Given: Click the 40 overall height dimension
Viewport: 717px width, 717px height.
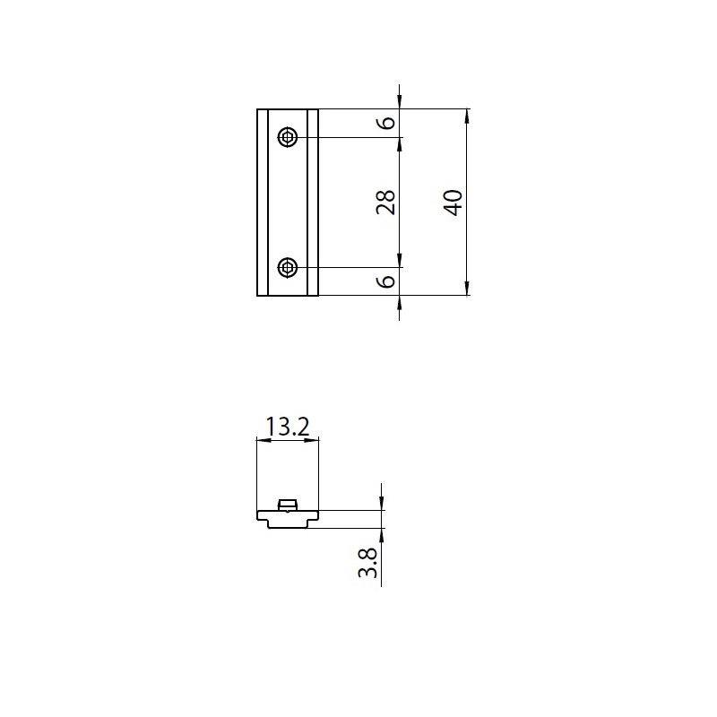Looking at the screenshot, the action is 453,203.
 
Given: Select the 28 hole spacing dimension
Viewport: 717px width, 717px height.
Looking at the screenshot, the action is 385,203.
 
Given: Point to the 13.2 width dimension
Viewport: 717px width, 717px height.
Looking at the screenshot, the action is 287,427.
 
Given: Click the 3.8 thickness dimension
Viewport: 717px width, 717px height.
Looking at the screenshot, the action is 367,563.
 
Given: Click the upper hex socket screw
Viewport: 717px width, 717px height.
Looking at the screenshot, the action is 288,137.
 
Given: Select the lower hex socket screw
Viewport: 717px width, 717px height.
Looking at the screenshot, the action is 288,267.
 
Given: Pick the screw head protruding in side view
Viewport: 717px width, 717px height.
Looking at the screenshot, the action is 288,505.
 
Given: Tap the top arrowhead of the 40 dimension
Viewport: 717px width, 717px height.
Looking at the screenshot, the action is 467,117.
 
